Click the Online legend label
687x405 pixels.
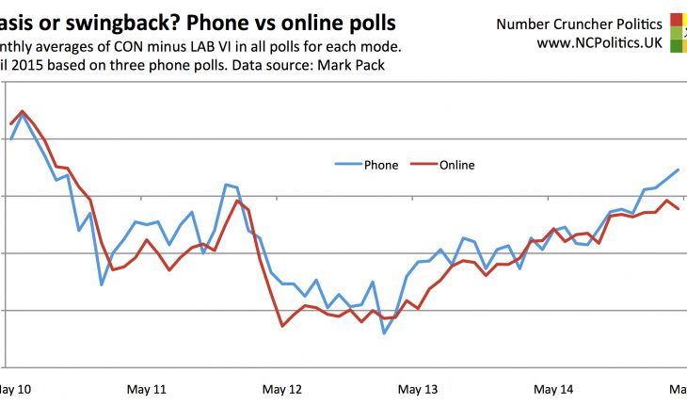[456, 165]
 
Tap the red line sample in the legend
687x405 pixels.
[422, 165]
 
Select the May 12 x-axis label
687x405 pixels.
[282, 388]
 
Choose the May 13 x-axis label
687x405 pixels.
[418, 388]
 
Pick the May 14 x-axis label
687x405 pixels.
[552, 388]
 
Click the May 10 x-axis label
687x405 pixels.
[13, 388]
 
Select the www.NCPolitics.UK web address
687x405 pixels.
[599, 42]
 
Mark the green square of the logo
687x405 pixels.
[678, 46]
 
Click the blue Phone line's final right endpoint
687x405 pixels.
[679, 170]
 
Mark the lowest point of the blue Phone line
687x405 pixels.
[384, 333]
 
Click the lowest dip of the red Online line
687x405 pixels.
[282, 326]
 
